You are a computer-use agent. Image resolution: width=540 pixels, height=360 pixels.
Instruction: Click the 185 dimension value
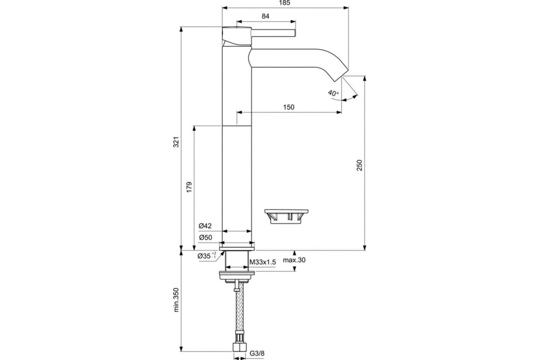coord(285,3)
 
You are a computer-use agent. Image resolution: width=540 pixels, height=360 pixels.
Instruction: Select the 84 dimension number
coord(265,16)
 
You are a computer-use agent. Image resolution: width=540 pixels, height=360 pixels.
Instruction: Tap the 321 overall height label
coord(176,142)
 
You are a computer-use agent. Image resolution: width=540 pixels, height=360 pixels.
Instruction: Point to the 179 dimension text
coord(189,187)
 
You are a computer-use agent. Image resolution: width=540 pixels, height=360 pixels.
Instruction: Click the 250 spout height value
coord(360,165)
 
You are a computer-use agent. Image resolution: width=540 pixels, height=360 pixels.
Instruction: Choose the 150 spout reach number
coord(288,107)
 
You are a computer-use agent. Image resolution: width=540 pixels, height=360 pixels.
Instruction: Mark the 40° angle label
coord(333,93)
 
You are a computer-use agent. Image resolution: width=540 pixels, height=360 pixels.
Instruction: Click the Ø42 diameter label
coord(205,226)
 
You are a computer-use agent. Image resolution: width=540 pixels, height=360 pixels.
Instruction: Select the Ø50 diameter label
coord(205,238)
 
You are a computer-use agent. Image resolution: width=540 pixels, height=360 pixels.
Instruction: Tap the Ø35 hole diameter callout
coord(207,256)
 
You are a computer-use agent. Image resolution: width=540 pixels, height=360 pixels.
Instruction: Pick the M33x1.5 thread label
coord(262,262)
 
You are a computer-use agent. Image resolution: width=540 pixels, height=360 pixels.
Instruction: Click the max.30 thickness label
coord(294,260)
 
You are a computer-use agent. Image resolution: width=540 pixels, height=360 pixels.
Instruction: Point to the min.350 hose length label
coord(176,300)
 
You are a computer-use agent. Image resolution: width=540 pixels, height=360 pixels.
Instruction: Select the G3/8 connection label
coord(257,354)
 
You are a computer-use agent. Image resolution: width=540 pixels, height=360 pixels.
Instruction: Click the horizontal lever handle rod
coord(274,33)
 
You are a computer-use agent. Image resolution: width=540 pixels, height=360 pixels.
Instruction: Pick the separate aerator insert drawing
coord(286,216)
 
